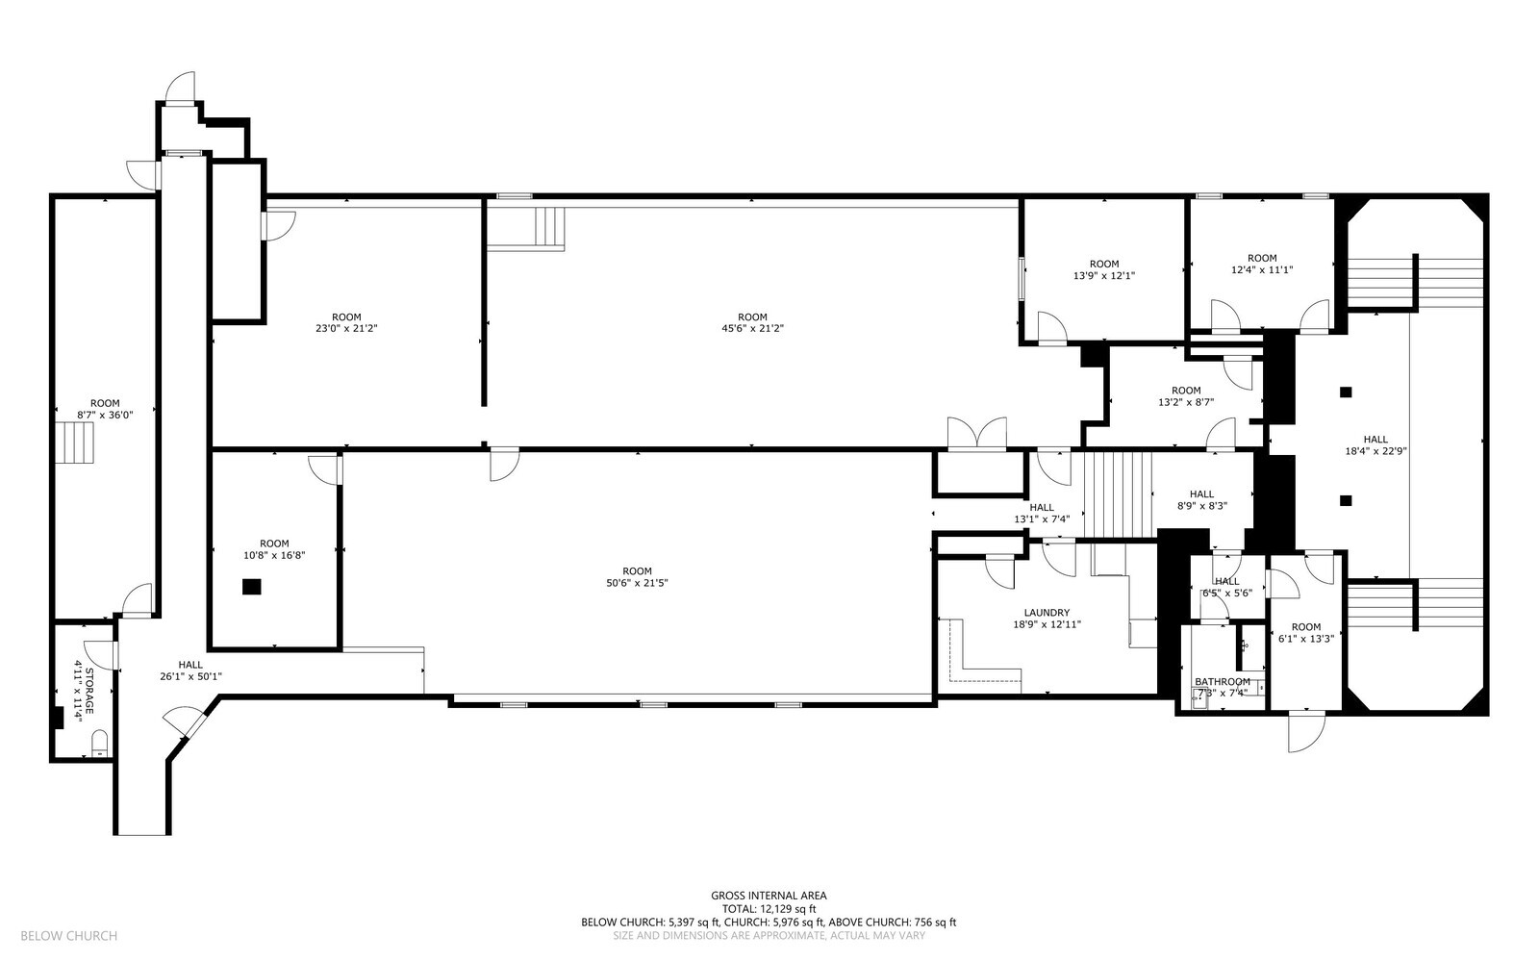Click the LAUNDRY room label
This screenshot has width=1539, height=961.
pyautogui.click(x=1047, y=613)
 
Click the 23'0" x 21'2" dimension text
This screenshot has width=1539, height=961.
pyautogui.click(x=346, y=328)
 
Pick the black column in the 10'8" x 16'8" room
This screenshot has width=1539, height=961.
pyautogui.click(x=251, y=587)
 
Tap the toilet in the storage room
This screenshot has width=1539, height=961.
pyautogui.click(x=100, y=744)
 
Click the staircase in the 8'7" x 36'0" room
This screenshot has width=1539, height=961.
pyautogui.click(x=74, y=443)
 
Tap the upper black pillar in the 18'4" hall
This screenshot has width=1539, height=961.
pyautogui.click(x=1346, y=392)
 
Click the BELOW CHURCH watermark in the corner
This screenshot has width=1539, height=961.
pyautogui.click(x=68, y=936)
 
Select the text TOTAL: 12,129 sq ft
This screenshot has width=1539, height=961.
pyautogui.click(x=769, y=909)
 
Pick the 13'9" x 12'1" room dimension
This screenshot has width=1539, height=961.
pyautogui.click(x=1104, y=275)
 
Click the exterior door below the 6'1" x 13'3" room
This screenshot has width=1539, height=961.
pyautogui.click(x=1305, y=731)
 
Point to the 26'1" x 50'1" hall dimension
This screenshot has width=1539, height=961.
pyautogui.click(x=190, y=676)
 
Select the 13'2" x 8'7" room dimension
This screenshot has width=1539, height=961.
pyautogui.click(x=1186, y=402)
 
